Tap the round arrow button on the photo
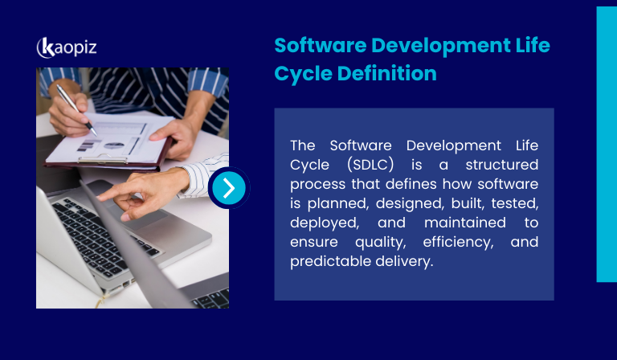coord(229,188)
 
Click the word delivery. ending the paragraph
coord(405,261)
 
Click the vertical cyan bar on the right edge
coord(607,145)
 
